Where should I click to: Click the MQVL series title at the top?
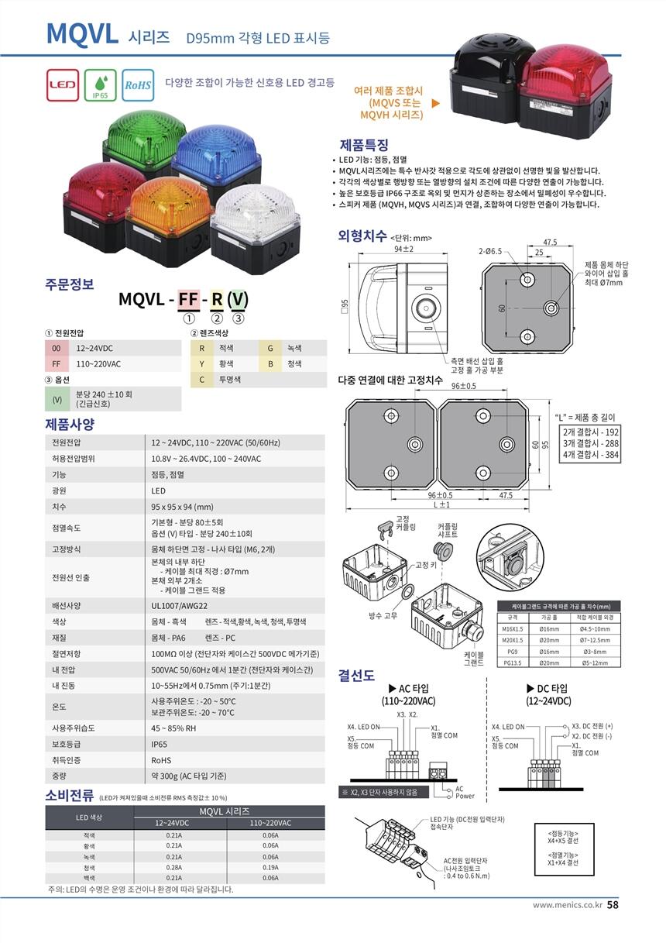82,34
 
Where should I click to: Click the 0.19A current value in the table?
270,868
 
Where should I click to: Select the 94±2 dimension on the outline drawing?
403,250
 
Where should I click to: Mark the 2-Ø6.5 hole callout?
489,252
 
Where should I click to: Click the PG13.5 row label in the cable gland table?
511,663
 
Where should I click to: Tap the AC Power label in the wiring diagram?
465,792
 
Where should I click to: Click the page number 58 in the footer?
612,904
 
